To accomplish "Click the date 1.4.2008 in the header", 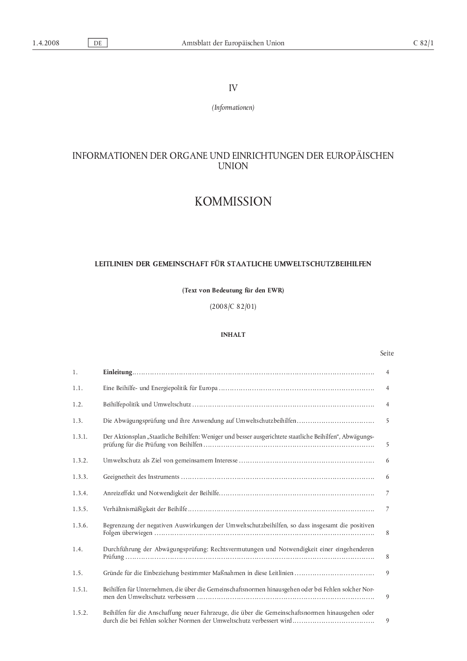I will click(46, 43).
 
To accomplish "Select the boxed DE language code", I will click(98, 43).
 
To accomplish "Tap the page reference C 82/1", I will click(423, 43).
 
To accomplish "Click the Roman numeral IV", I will click(233, 88).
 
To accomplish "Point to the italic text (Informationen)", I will click(233, 107).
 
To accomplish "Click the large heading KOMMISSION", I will click(233, 201).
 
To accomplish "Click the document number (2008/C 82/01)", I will click(233, 306).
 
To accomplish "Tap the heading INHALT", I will click(233, 334).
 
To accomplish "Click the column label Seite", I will click(387, 353).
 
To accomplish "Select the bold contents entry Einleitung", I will click(118, 372).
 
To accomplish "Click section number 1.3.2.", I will click(80, 461).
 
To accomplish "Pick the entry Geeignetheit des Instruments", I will click(141, 477).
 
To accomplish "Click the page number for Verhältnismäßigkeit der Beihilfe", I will click(388, 509).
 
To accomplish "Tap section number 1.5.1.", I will click(80, 590).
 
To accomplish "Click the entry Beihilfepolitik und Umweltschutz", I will click(147, 405).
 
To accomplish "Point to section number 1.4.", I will click(78, 549).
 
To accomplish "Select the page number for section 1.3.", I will click(388, 421).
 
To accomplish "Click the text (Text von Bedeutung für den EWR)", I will click(233, 290).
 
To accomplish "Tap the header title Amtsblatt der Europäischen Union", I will click(233, 43).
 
